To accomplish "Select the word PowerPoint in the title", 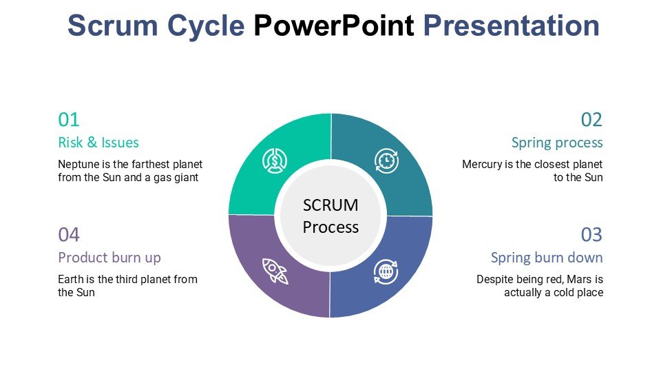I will pyautogui.click(x=334, y=26).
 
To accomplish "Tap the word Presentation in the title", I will pyautogui.click(x=511, y=26).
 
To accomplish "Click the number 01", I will pyautogui.click(x=69, y=120).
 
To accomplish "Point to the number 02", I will pyautogui.click(x=591, y=120).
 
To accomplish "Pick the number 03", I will pyautogui.click(x=591, y=235).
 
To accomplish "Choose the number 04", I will pyautogui.click(x=69, y=235).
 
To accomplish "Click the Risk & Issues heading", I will pyautogui.click(x=98, y=143).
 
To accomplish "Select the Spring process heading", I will pyautogui.click(x=557, y=143).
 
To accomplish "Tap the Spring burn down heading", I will pyautogui.click(x=547, y=258).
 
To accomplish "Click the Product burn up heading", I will pyautogui.click(x=109, y=258).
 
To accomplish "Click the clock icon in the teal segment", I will pyautogui.click(x=386, y=161).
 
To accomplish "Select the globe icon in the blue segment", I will pyautogui.click(x=386, y=271).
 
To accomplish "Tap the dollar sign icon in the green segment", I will pyautogui.click(x=275, y=161).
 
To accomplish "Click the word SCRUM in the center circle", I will pyautogui.click(x=330, y=205).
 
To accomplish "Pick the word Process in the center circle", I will pyautogui.click(x=330, y=227).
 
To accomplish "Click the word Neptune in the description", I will pyautogui.click(x=78, y=165).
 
